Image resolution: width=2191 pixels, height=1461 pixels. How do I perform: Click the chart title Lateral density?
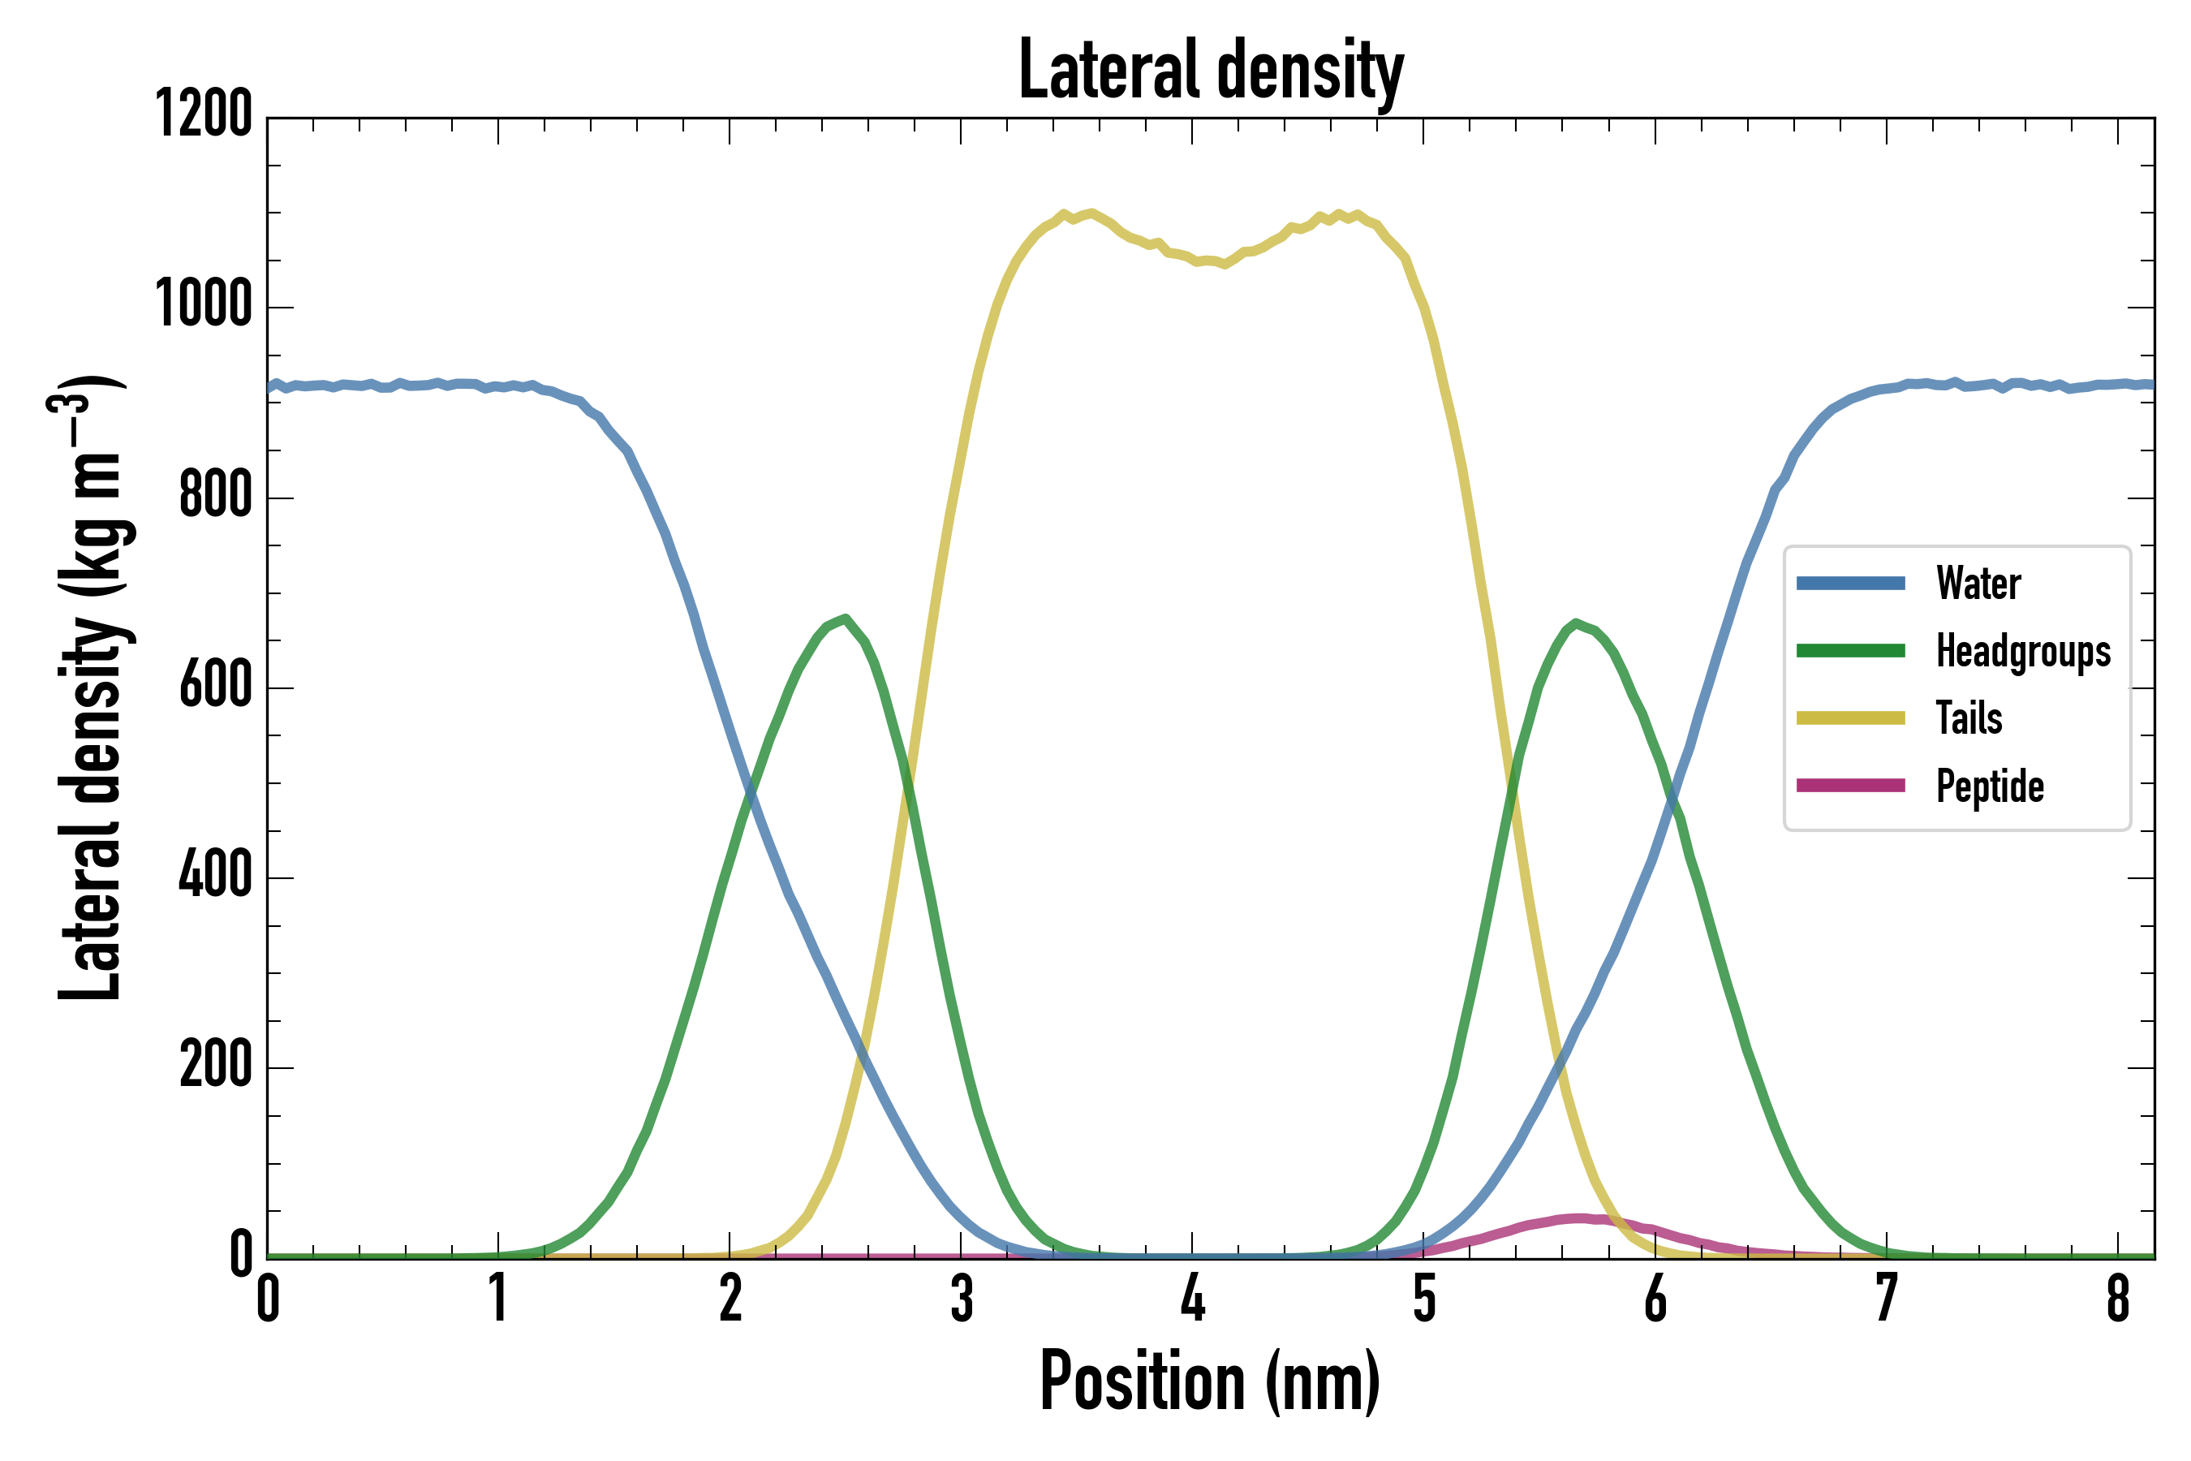point(1211,70)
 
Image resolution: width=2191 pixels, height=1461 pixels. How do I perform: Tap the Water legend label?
point(1978,584)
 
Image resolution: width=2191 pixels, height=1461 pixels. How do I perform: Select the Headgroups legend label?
point(2022,651)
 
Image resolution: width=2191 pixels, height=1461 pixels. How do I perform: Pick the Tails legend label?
point(1969,718)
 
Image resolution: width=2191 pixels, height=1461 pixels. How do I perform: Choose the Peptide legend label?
point(1990,787)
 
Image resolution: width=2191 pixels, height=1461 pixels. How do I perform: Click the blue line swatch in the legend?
point(1850,584)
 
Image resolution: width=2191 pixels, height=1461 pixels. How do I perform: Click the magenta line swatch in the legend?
point(1850,786)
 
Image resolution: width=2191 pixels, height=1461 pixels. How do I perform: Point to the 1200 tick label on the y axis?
point(203,114)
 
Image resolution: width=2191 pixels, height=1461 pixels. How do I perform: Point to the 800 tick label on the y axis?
point(215,495)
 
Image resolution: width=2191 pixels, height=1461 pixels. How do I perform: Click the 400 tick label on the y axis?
point(215,876)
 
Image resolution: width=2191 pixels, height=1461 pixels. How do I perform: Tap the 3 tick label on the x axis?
point(962,1299)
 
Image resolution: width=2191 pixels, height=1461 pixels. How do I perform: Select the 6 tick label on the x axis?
point(1655,1299)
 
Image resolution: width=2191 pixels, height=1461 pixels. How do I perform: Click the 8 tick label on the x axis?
point(2117,1299)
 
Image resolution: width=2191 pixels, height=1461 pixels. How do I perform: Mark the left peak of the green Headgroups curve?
point(844,618)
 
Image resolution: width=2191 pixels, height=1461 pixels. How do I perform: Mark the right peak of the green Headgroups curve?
point(1575,623)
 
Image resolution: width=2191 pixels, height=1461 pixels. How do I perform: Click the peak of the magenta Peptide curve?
point(1579,1217)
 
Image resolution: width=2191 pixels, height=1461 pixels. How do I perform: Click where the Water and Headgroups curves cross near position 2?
point(751,793)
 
